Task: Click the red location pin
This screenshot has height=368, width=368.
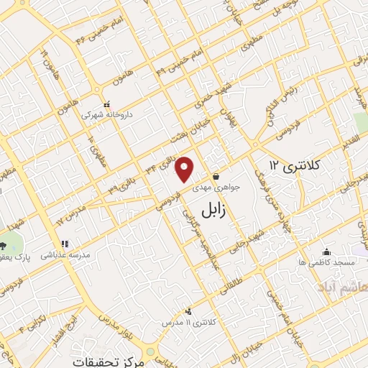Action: point(185,168)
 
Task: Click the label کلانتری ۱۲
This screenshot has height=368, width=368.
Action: point(292,165)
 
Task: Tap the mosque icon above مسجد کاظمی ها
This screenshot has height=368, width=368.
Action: point(327,252)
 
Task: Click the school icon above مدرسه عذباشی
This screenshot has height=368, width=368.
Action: point(65,243)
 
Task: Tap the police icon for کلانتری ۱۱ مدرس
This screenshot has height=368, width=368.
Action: point(189,311)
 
